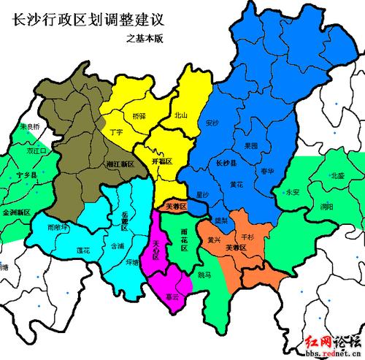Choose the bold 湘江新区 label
click(120, 165)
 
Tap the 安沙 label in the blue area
click(212, 123)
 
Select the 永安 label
click(293, 192)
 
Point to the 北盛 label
click(337, 175)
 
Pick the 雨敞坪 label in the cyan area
click(56, 227)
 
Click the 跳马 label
click(205, 275)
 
